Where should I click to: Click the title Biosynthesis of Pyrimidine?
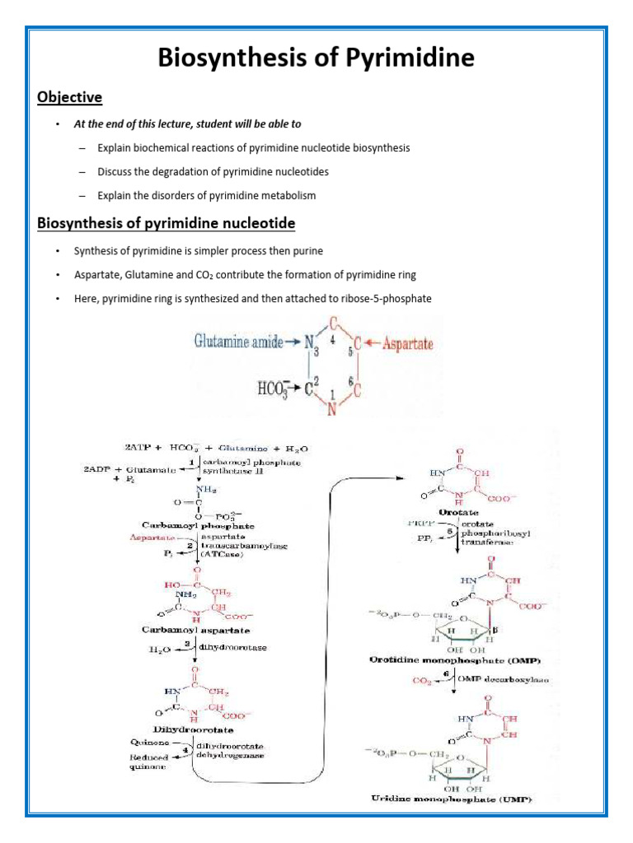tap(316, 58)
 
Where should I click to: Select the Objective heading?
tap(69, 98)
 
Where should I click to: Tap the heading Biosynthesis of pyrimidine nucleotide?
tap(166, 223)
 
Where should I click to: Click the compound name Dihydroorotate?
tap(195, 729)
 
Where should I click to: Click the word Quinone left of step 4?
tap(146, 743)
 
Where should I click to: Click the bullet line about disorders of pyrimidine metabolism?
tap(206, 196)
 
